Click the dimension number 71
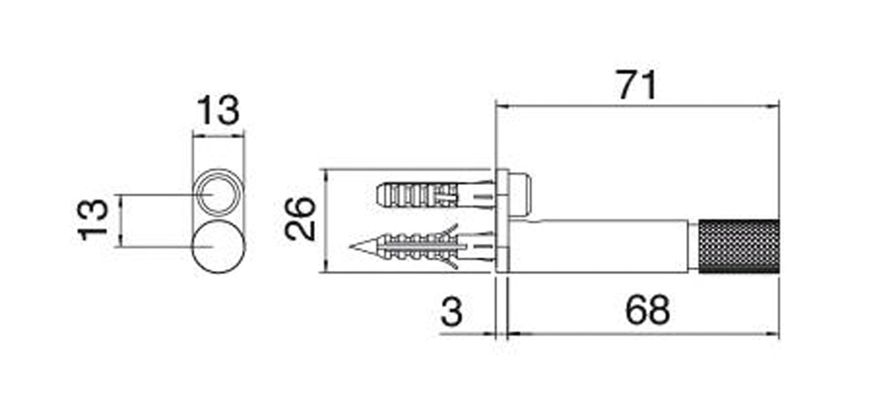click(637, 85)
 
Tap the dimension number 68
click(648, 310)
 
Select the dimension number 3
click(452, 312)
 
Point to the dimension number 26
click(300, 219)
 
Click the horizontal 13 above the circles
click(218, 110)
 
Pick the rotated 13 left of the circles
click(93, 220)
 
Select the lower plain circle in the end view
click(218, 247)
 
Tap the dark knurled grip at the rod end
click(739, 247)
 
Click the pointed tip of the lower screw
click(350, 247)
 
